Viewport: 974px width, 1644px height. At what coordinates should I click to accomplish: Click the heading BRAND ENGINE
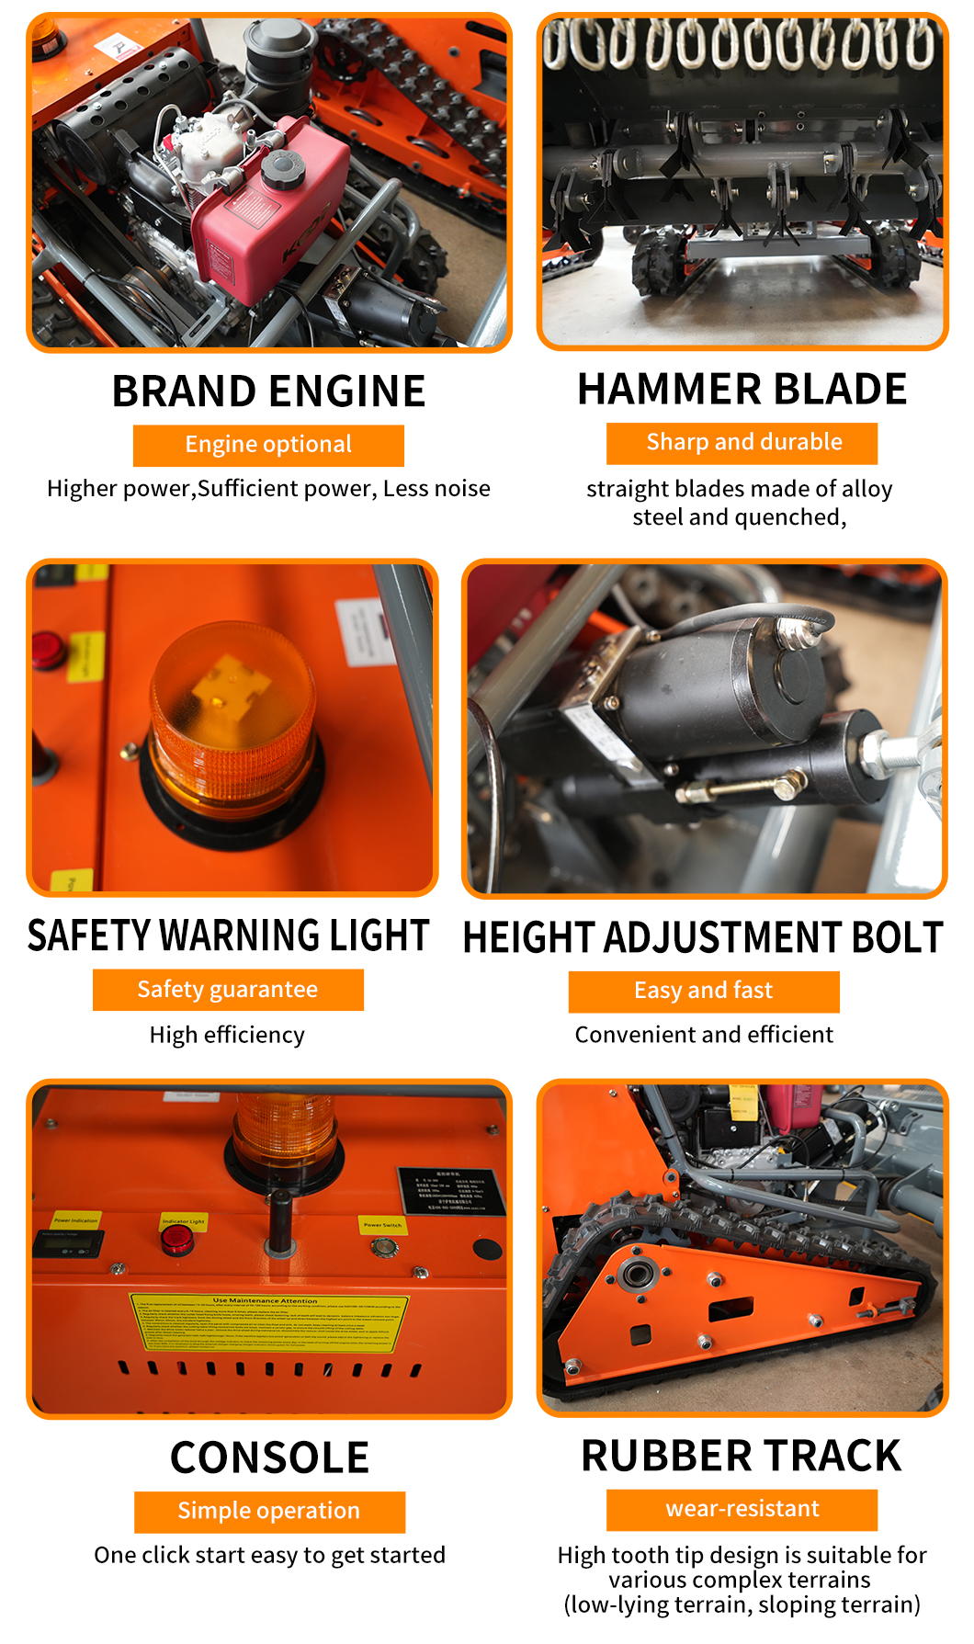tap(268, 391)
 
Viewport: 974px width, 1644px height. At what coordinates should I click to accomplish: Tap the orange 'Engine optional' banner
tap(268, 445)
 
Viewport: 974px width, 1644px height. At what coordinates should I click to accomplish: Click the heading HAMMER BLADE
tap(742, 390)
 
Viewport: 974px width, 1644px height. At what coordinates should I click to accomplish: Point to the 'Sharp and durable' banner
tap(742, 443)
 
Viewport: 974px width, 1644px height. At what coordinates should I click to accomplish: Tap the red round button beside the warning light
tap(49, 650)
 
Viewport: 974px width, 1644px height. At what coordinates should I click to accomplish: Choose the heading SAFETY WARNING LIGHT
tap(228, 935)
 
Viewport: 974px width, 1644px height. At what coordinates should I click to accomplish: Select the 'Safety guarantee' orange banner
tap(228, 990)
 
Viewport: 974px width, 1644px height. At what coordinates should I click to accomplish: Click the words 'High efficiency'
tap(227, 1036)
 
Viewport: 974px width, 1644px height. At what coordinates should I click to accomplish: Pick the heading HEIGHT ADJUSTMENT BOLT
tap(703, 938)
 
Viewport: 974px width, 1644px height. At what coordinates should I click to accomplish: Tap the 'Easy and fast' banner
tap(703, 991)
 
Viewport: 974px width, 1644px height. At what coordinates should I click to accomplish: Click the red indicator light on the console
tap(176, 1240)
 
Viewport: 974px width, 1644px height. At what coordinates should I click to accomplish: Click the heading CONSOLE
tap(269, 1458)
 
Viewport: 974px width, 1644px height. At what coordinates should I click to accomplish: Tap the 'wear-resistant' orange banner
tap(742, 1509)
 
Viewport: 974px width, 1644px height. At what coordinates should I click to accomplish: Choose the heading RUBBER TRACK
tap(742, 1457)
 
